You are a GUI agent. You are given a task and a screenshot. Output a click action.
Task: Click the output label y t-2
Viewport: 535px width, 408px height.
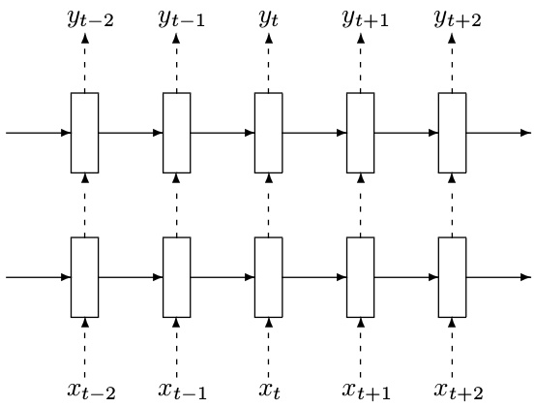point(91,19)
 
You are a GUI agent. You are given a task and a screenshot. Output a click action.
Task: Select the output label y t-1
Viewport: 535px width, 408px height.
point(182,19)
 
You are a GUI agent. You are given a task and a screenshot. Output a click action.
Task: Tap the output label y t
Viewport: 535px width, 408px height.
point(269,19)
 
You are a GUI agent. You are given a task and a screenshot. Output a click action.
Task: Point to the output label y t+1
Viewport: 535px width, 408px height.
point(366,19)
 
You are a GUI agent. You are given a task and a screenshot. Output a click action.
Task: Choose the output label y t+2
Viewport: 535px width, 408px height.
point(458,19)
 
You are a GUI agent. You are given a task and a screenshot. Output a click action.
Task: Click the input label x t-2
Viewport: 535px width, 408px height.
point(92,391)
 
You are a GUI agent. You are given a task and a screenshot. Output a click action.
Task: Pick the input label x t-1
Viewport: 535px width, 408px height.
point(183,391)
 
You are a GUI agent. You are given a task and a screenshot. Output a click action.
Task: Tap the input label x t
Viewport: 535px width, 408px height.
point(270,391)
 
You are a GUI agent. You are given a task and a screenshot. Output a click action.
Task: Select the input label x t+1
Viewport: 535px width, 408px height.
point(367,391)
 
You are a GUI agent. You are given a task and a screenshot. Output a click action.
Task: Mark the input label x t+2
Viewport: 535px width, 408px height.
point(459,391)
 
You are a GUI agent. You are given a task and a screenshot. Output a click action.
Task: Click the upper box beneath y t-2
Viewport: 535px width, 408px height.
point(84,133)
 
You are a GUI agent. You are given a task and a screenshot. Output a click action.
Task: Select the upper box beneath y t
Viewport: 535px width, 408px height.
point(269,133)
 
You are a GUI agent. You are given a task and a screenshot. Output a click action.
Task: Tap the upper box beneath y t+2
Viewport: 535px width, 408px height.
point(452,133)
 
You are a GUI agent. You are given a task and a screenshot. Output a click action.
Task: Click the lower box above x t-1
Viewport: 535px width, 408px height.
point(177,277)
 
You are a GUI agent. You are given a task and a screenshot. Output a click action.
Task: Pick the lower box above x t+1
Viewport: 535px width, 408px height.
point(360,277)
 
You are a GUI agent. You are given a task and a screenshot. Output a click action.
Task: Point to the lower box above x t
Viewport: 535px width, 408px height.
point(269,277)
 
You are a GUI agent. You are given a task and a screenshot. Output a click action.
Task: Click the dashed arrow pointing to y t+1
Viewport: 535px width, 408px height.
point(361,63)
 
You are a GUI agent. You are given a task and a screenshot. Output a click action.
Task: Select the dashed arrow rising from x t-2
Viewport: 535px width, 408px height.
point(85,348)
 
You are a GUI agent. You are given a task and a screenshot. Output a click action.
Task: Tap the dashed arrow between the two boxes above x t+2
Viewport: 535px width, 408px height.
point(452,205)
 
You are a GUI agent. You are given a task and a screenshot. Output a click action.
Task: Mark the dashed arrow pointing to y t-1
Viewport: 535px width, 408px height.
point(176,63)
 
